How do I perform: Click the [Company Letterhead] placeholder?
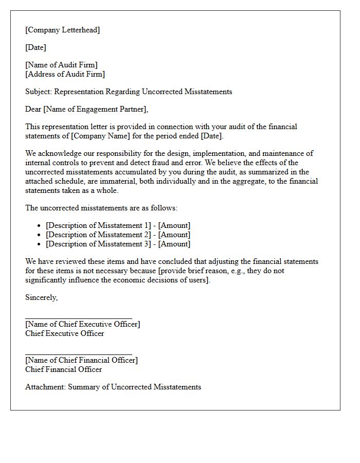click(62, 30)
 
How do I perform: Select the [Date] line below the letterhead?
click(35, 47)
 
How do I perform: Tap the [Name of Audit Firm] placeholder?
click(61, 65)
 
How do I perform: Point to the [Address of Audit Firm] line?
click(65, 74)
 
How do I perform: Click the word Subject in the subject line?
click(38, 92)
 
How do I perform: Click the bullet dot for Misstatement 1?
click(40, 226)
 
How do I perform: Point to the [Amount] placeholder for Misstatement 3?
click(174, 244)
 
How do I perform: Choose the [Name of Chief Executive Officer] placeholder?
click(82, 324)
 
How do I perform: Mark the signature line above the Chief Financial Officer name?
click(79, 354)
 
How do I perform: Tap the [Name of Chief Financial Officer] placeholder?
click(81, 360)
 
